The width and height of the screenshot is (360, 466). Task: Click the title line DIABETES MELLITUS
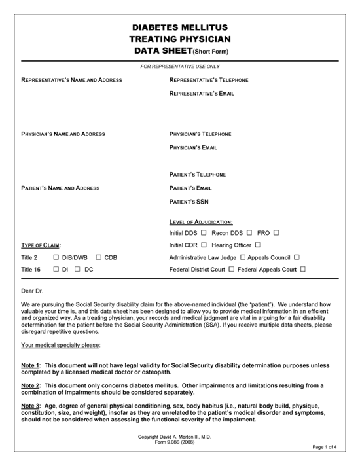[180, 27]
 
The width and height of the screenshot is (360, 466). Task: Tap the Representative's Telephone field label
[208, 80]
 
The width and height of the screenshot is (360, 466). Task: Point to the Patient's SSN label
[189, 202]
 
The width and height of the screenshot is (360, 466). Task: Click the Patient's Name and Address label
[60, 188]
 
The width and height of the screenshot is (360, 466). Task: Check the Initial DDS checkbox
[204, 233]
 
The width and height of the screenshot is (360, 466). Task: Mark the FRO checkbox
[277, 233]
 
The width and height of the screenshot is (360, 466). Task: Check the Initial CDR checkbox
[204, 245]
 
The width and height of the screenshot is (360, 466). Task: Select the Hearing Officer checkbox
[258, 245]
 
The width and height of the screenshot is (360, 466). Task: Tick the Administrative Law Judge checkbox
[243, 257]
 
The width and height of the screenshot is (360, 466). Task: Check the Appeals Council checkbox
[297, 257]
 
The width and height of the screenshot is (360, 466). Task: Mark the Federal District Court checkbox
[231, 269]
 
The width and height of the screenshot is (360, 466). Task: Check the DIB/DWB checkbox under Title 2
[56, 257]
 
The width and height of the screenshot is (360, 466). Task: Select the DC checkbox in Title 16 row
[78, 269]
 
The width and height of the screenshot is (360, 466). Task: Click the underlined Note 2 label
[31, 386]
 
